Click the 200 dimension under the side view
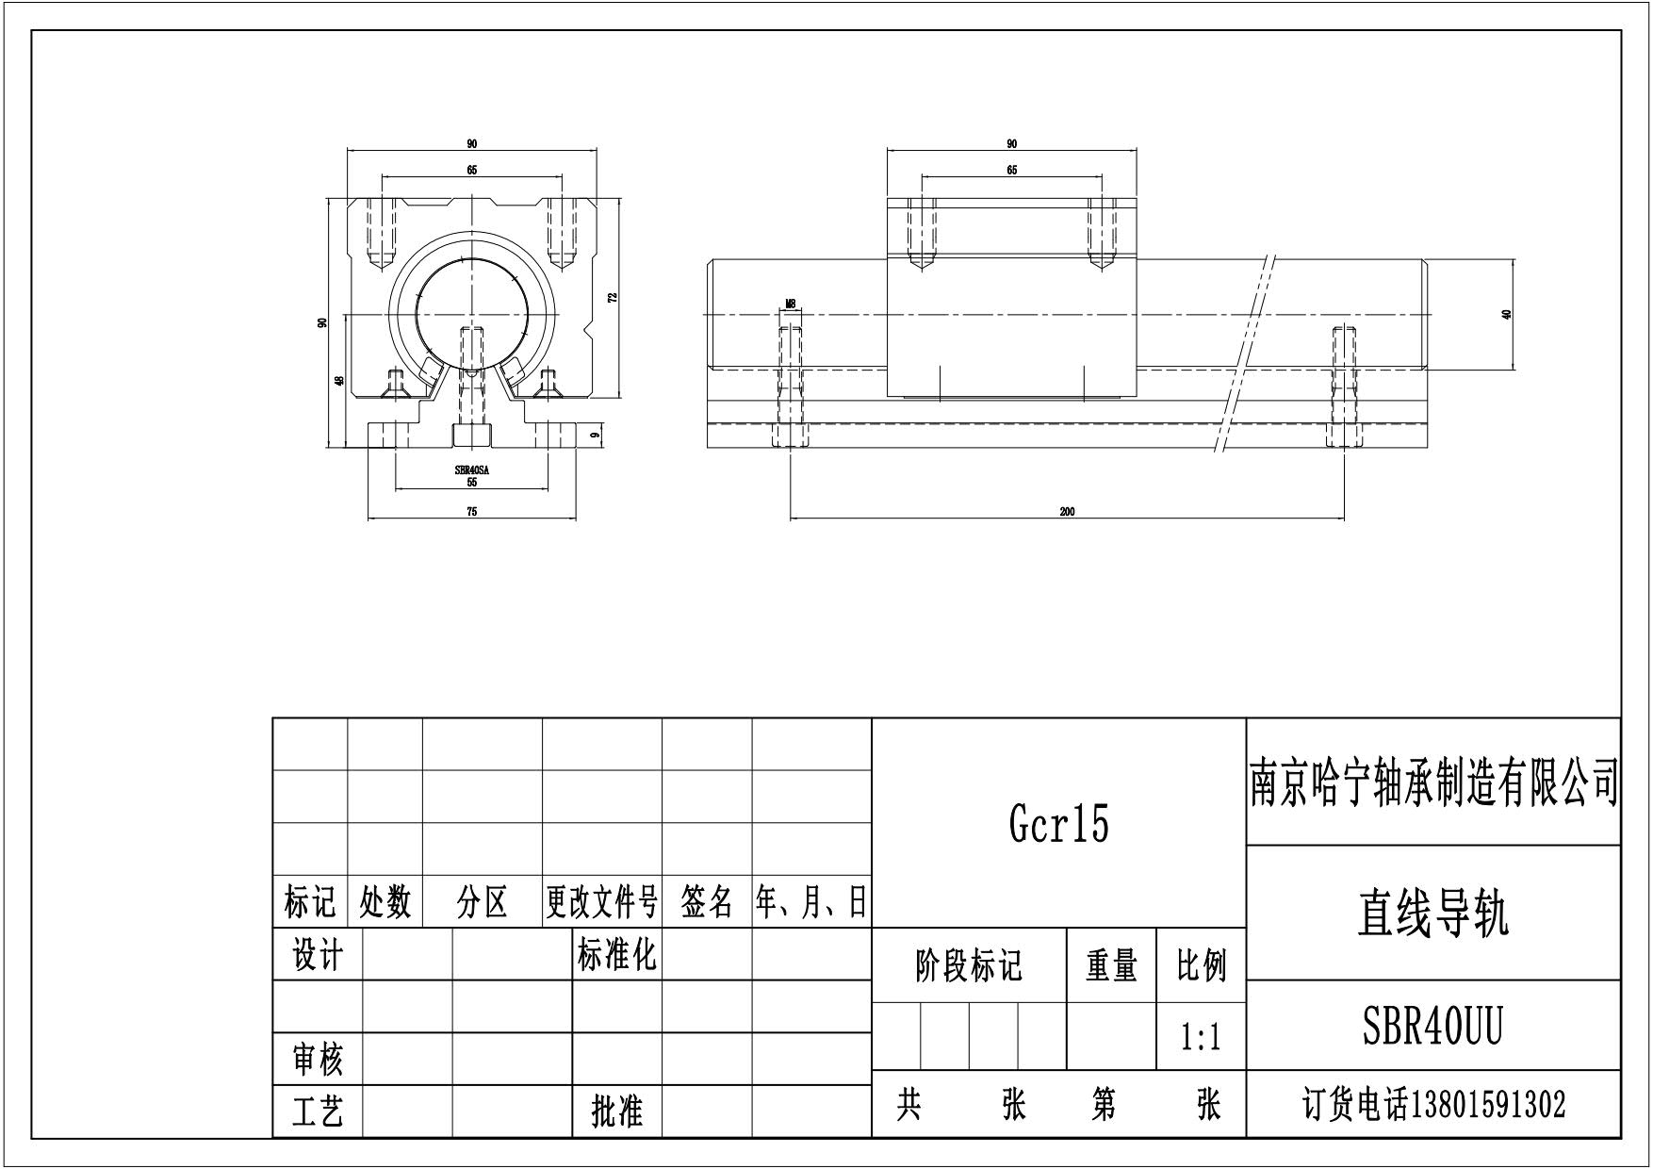click(1067, 512)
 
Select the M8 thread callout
click(791, 304)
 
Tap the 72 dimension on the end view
click(613, 297)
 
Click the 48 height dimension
click(338, 380)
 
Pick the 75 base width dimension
click(472, 512)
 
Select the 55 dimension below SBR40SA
click(472, 483)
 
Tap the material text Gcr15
click(1059, 824)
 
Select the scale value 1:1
click(1201, 1038)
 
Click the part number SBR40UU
click(1432, 1026)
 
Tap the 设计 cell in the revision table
click(318, 956)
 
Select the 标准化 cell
click(616, 955)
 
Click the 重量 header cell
click(1111, 966)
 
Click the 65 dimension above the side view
click(1011, 171)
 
